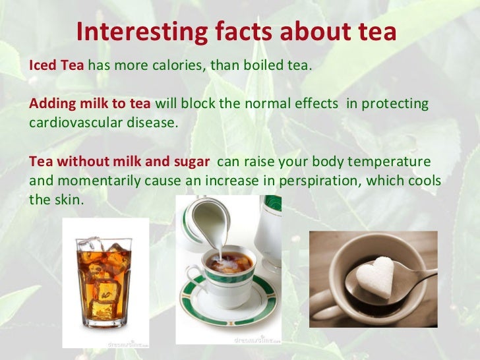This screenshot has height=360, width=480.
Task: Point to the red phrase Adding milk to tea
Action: [x=90, y=104]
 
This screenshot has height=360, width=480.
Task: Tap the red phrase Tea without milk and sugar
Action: [x=119, y=162]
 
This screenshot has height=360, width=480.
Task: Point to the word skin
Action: [x=69, y=198]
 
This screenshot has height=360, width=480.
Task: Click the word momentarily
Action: [x=92, y=180]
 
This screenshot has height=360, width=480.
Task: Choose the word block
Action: [x=200, y=104]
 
